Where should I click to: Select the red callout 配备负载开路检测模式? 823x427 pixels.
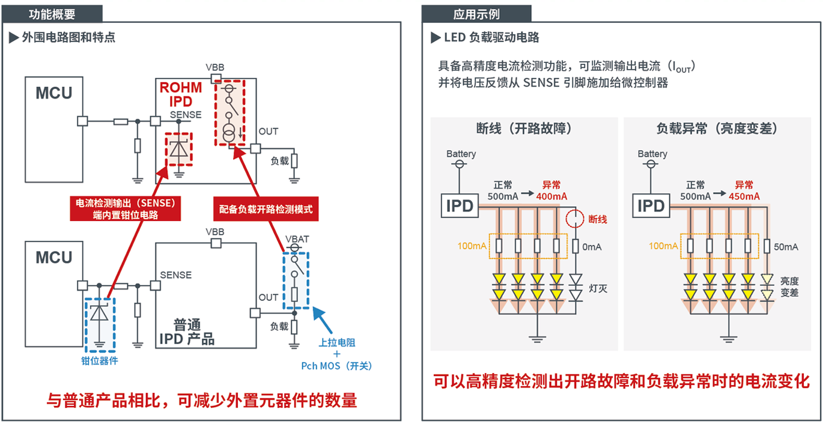click(x=266, y=210)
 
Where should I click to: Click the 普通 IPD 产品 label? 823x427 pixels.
click(x=187, y=331)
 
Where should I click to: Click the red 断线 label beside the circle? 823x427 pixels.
click(x=598, y=220)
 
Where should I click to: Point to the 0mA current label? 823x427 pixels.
click(x=591, y=247)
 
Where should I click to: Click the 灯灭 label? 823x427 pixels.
click(x=598, y=289)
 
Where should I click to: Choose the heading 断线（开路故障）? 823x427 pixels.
click(x=524, y=129)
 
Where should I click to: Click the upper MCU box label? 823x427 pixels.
click(x=53, y=93)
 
